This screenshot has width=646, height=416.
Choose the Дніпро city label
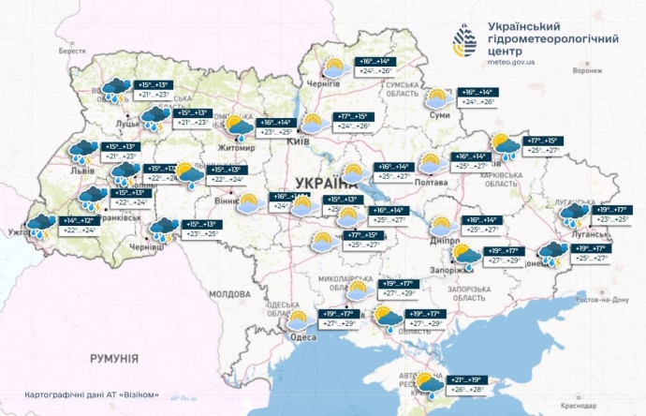click(444, 240)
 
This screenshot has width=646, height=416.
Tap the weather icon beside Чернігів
click(334, 67)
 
